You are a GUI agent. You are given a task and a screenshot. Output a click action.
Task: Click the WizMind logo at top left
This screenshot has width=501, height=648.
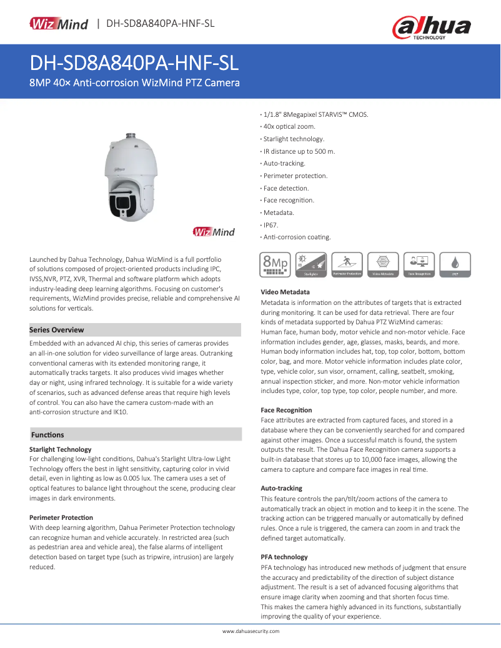[59, 24]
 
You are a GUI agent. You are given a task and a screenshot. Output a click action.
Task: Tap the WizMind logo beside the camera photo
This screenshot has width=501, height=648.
[214, 232]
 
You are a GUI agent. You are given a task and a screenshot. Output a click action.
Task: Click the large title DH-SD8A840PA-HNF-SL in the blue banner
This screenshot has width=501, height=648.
[134, 64]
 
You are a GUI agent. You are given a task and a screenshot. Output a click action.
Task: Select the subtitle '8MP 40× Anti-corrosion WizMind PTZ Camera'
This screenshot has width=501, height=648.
[135, 83]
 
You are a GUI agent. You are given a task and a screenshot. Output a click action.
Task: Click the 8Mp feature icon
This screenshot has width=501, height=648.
[275, 265]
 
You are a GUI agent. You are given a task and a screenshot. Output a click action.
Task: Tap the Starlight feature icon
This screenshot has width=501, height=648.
[311, 265]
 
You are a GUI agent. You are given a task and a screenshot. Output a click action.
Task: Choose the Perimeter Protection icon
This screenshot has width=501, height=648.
[347, 265]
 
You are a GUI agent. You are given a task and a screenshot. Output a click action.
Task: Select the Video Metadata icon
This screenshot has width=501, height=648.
[383, 265]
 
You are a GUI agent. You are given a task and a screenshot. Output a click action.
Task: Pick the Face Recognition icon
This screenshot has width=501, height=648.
[419, 265]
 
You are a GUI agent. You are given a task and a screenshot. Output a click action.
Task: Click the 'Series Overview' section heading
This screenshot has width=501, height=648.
[57, 330]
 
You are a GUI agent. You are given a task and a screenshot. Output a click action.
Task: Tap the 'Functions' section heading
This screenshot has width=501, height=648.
[47, 434]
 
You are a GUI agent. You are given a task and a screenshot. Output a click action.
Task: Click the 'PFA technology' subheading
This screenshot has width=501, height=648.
[284, 557]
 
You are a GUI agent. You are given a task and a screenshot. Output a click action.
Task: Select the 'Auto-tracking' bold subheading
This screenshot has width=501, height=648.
[281, 488]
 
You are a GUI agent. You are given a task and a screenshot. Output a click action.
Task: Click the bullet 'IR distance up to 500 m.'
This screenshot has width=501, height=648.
[299, 151]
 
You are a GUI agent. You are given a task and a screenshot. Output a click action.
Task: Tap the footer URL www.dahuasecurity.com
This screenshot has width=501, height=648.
[251, 631]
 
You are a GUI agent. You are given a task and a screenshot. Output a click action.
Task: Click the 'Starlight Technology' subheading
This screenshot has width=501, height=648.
[61, 449]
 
